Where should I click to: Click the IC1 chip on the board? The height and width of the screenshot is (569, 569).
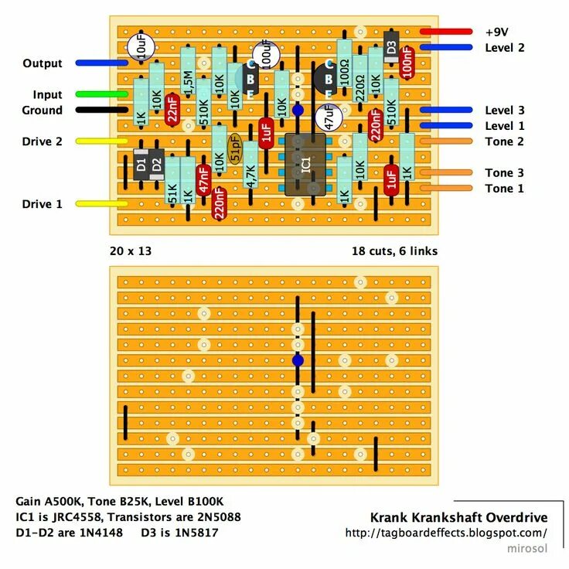point(305,164)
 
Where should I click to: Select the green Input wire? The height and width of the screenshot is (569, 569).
point(101,94)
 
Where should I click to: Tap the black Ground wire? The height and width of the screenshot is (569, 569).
point(101,111)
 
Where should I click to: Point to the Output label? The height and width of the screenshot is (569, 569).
point(43,63)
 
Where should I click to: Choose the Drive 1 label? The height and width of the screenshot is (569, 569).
point(43,204)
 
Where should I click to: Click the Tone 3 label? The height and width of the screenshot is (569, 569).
point(504,173)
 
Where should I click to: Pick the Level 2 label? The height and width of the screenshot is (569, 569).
point(504,48)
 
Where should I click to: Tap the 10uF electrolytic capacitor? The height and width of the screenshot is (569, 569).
point(142,49)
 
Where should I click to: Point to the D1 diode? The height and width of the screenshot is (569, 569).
point(141,164)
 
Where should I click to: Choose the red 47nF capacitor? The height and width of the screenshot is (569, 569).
point(203,179)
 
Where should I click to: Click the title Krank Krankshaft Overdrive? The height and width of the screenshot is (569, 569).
point(458,517)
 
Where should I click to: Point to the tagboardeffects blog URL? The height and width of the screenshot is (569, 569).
point(446,533)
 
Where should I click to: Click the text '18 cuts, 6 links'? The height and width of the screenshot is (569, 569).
point(394,251)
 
